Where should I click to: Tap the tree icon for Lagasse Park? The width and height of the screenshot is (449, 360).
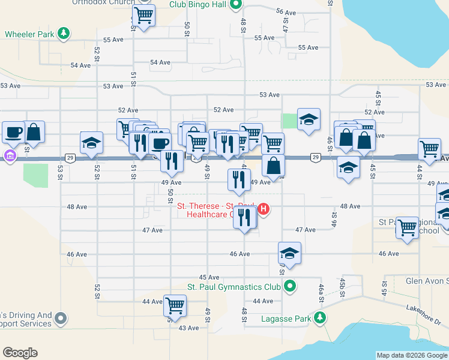click(321, 318)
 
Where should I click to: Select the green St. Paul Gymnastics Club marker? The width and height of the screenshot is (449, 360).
click(290, 286)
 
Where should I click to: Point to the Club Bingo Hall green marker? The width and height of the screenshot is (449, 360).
click(237, 5)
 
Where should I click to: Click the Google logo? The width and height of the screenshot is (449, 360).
click(20, 353)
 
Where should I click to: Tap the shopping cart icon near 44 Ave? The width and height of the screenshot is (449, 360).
click(175, 305)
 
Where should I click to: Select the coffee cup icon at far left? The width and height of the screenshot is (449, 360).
click(13, 131)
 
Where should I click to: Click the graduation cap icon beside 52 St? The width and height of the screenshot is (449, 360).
click(91, 142)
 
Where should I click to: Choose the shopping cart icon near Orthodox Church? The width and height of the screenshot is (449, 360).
click(143, 15)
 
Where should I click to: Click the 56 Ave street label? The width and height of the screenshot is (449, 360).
click(286, 12)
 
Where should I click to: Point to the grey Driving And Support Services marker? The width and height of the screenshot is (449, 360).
click(61, 318)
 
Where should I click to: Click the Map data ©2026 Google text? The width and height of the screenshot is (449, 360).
click(411, 355)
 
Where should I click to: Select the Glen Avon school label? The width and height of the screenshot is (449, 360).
click(427, 281)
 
